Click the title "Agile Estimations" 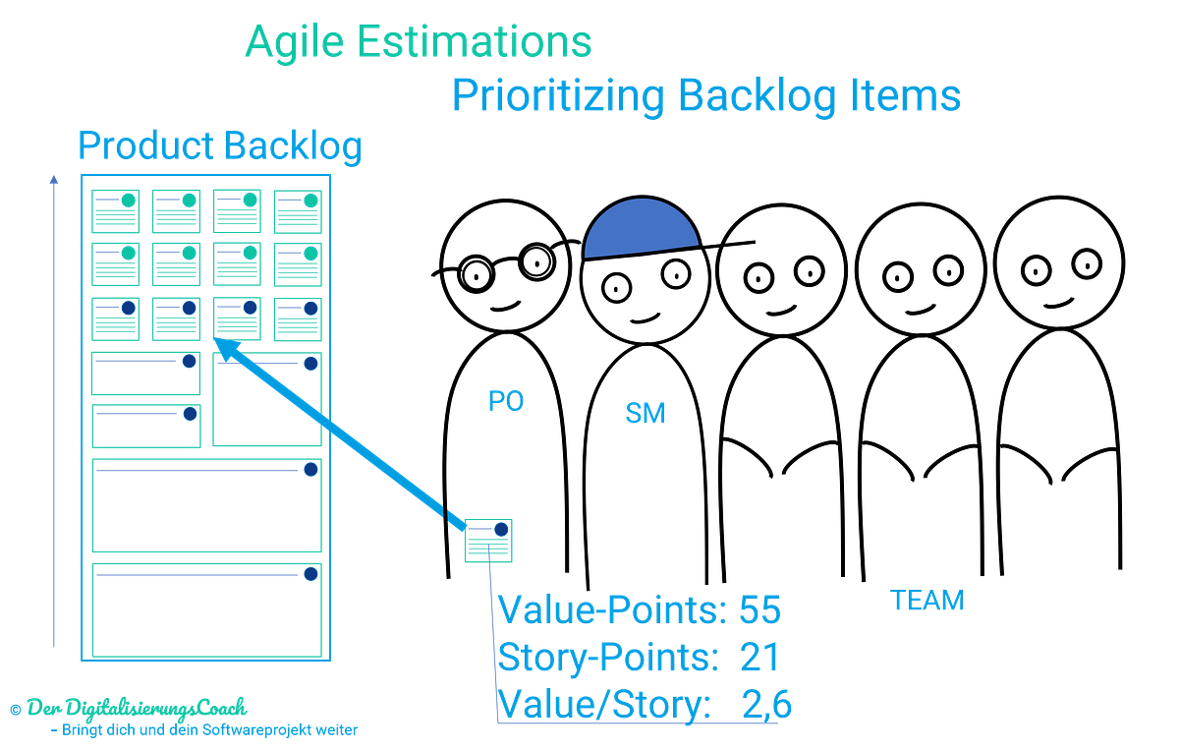coord(419,42)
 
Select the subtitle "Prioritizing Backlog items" coord(705,96)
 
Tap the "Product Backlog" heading coord(220,146)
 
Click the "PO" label coord(506,401)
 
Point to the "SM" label coord(646,413)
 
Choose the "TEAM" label coord(926,600)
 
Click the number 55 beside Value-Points coord(759,610)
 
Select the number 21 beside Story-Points coord(758,657)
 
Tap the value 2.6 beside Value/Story coord(765,704)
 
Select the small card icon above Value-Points coord(488,540)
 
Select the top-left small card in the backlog coord(115,210)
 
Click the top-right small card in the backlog coord(298,210)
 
